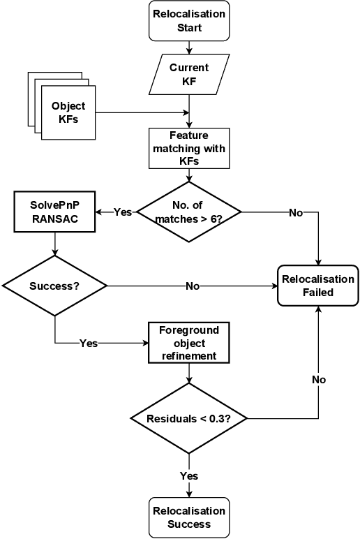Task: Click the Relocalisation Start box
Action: coord(189,21)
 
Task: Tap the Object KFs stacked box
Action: coord(68,112)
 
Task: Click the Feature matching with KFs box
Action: coord(189,148)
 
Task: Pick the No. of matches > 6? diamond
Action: coord(189,212)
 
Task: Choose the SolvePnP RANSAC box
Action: coord(54,212)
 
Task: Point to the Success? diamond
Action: coord(54,286)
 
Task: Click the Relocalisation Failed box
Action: coord(318,286)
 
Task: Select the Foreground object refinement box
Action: coord(188,343)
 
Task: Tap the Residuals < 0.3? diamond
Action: coord(189,419)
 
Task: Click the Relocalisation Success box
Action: coord(189,517)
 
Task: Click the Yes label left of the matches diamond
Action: coord(123,212)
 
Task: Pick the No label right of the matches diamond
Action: coord(296,212)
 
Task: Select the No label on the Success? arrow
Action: coord(193,286)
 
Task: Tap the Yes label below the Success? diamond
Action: coord(89,343)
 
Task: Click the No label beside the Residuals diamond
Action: coord(319,379)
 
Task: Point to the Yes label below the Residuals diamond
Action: coord(189,475)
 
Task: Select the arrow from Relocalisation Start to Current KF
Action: coord(189,48)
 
